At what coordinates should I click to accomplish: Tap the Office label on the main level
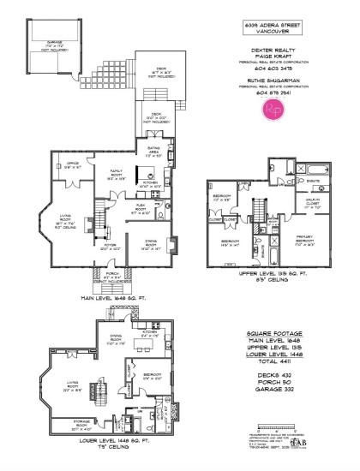tap(71, 166)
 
